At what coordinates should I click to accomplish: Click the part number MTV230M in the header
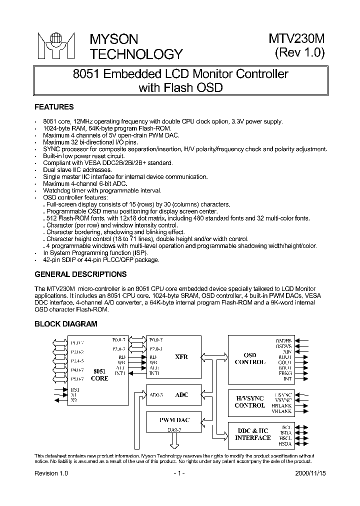(x=297, y=39)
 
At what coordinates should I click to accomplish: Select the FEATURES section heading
(x=54, y=107)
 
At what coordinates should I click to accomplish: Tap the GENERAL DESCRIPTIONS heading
(x=80, y=274)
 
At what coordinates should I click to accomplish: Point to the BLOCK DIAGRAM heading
(x=65, y=324)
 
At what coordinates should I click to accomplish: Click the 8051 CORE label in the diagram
(x=99, y=375)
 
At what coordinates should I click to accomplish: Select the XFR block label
(x=181, y=357)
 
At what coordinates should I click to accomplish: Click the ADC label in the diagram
(x=181, y=395)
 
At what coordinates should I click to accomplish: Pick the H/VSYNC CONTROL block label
(x=249, y=401)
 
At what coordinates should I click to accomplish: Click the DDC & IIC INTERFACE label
(x=252, y=434)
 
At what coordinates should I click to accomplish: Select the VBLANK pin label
(x=282, y=411)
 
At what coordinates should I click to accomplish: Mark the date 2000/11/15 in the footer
(x=309, y=472)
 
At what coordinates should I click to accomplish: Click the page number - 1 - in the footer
(x=179, y=472)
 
